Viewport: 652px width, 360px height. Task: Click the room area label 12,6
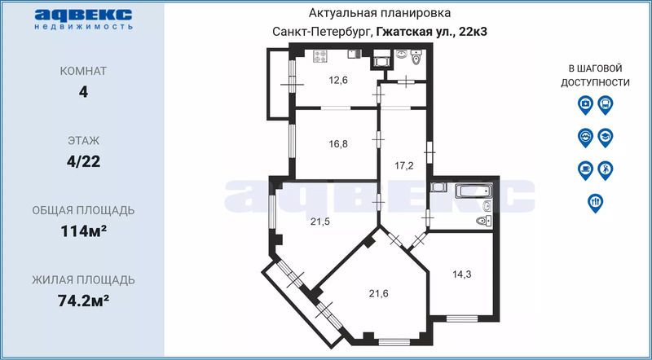(338, 81)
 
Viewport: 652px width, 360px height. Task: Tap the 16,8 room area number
(338, 144)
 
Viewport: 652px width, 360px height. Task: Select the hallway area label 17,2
(403, 167)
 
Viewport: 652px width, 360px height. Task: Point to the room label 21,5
(320, 222)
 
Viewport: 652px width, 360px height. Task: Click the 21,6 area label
(379, 293)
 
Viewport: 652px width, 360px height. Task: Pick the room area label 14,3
(462, 274)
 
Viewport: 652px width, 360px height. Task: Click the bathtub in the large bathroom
(474, 191)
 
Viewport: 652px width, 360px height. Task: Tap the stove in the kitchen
(320, 56)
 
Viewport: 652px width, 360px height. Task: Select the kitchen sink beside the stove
(355, 54)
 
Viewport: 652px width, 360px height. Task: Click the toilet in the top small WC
(416, 58)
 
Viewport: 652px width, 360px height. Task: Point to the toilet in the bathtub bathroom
(483, 222)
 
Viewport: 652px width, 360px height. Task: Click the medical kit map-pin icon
(585, 105)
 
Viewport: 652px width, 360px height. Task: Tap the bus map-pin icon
(606, 105)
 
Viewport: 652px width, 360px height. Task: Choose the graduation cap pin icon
(606, 138)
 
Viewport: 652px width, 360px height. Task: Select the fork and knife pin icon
(596, 204)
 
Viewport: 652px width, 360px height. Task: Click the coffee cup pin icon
(585, 170)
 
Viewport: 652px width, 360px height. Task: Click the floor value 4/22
(84, 162)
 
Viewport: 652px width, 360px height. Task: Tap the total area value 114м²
(83, 231)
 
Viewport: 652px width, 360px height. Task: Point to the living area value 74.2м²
(84, 301)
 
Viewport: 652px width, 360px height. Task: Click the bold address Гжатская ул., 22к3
(432, 32)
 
